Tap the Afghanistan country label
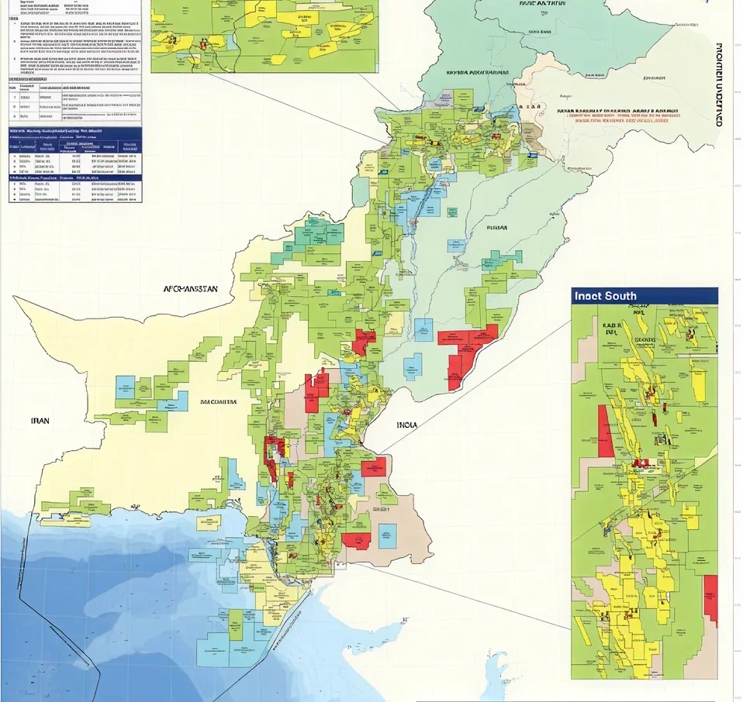point(191,289)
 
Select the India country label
point(406,425)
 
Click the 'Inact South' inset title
point(606,296)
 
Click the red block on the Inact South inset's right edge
point(710,600)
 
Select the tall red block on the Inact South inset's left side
point(605,430)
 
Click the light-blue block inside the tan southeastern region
point(387,534)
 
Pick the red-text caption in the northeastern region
point(617,115)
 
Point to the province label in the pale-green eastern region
point(496,228)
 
